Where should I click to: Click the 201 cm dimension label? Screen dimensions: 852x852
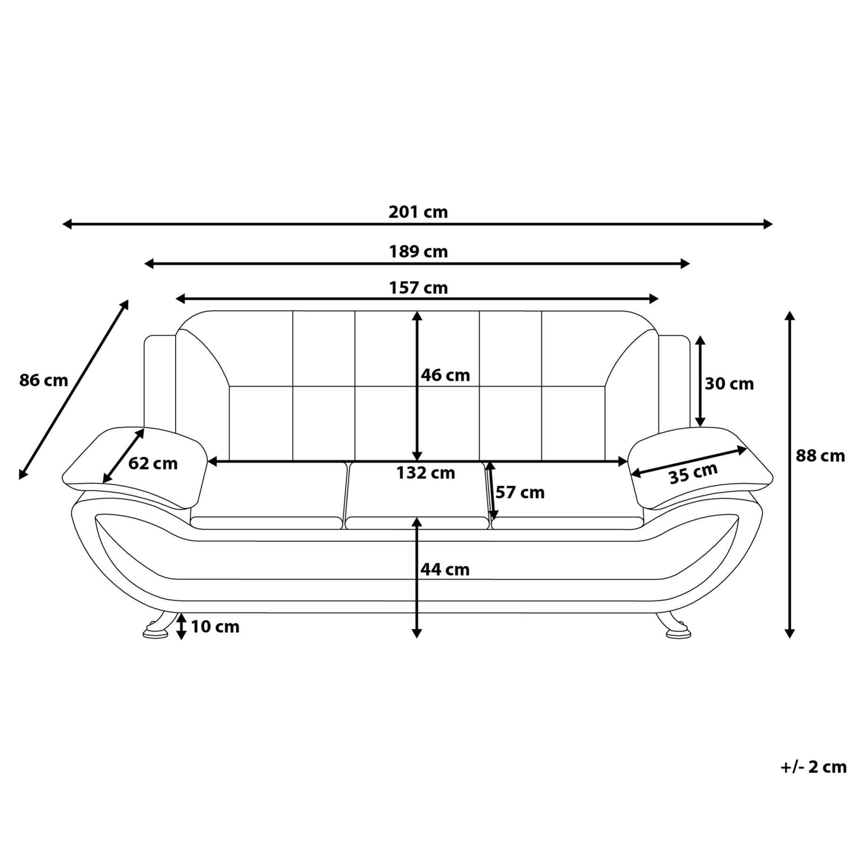click(x=418, y=212)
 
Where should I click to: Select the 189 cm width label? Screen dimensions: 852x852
click(x=418, y=251)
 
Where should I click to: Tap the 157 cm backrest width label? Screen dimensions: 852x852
click(x=418, y=288)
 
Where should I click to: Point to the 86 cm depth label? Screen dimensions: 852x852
click(x=44, y=380)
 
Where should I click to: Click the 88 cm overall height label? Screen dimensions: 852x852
click(x=820, y=456)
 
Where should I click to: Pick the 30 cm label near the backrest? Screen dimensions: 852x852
click(x=729, y=383)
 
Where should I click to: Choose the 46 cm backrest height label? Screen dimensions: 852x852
click(x=445, y=375)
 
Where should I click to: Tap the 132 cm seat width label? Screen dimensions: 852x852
click(x=426, y=473)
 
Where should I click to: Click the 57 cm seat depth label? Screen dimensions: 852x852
click(x=520, y=493)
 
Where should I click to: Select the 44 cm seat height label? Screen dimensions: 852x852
click(x=445, y=569)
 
